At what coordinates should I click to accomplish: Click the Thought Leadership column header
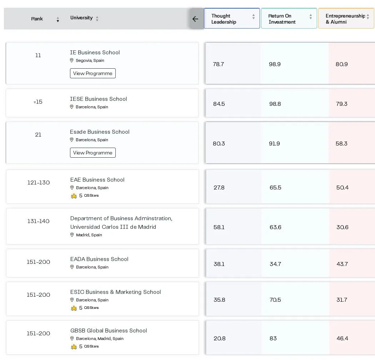[x=232, y=19]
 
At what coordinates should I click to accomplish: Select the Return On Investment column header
[x=289, y=19]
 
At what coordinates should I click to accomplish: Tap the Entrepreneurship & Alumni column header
[x=346, y=19]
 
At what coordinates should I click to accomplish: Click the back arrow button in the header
[x=195, y=19]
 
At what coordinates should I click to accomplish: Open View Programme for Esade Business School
[x=93, y=153]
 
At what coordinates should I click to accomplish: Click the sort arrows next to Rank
[x=57, y=19]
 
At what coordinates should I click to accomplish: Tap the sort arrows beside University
[x=97, y=19]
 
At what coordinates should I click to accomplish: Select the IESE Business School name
[x=98, y=99]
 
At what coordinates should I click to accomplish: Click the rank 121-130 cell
[x=39, y=183]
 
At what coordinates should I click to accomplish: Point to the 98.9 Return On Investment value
[x=275, y=64]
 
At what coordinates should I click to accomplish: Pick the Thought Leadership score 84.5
[x=219, y=104]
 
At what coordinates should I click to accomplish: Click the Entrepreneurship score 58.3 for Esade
[x=341, y=144]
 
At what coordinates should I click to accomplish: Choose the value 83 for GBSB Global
[x=273, y=339]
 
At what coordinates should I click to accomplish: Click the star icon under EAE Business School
[x=74, y=196]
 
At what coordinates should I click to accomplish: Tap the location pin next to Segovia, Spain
[x=71, y=60]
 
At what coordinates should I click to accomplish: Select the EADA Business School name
[x=99, y=259]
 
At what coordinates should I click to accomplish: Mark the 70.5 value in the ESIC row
[x=275, y=300]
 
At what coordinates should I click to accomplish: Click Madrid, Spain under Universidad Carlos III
[x=89, y=235]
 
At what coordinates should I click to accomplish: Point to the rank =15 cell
[x=38, y=102]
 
